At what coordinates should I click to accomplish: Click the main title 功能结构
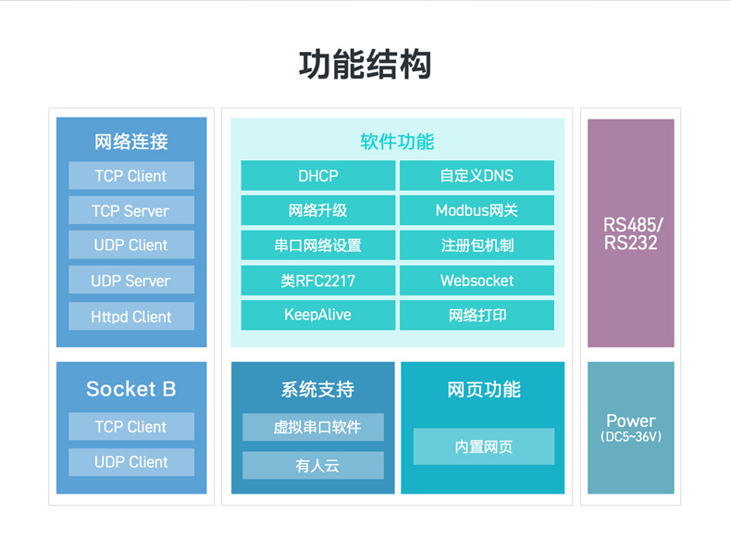(365, 65)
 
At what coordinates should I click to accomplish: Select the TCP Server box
(131, 211)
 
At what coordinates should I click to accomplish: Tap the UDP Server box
(131, 281)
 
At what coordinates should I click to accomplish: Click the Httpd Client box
(131, 317)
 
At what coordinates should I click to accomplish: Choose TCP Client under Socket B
(131, 427)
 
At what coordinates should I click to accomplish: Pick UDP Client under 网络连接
(131, 245)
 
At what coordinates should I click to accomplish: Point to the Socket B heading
(131, 389)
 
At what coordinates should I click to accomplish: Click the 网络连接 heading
(131, 142)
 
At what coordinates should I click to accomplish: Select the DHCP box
(317, 176)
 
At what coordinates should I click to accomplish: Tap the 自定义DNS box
(477, 176)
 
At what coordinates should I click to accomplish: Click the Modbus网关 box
(477, 210)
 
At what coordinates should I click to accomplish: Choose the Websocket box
(477, 281)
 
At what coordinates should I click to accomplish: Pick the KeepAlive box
(317, 315)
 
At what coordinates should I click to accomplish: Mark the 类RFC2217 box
(317, 281)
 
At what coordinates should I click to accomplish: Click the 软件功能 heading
(397, 142)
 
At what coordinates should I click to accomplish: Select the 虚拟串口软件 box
(313, 427)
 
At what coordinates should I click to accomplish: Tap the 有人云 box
(313, 466)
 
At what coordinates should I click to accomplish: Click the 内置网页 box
(483, 446)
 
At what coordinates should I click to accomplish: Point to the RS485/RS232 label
(631, 234)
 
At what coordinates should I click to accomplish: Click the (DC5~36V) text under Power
(631, 436)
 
